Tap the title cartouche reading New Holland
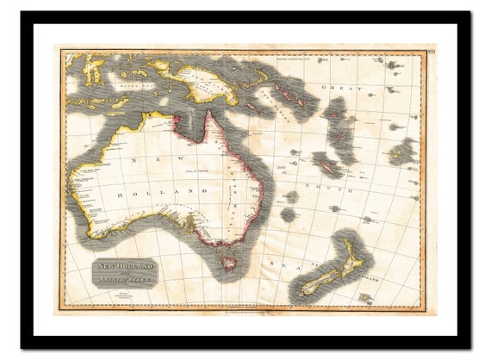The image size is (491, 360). [x=124, y=272]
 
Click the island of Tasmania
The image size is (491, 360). [x=230, y=263]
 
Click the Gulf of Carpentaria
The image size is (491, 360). [x=191, y=125]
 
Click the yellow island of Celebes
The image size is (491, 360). [x=93, y=68]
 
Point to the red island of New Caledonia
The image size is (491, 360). [x=326, y=163]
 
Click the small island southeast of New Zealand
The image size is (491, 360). [x=365, y=298]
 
